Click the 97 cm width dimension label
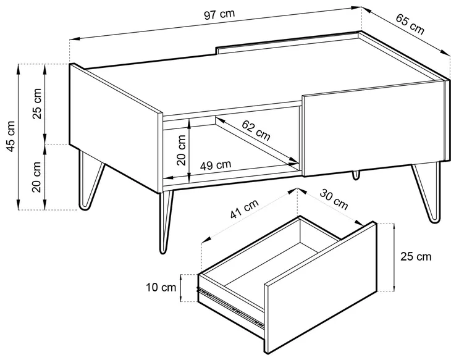(x=219, y=14)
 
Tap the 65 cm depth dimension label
(x=410, y=24)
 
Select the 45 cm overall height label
(x=11, y=136)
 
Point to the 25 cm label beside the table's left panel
(x=37, y=104)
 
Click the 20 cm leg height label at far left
(x=37, y=177)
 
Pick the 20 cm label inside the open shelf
(x=182, y=150)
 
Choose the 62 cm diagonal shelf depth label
(x=256, y=130)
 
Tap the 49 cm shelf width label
(x=216, y=165)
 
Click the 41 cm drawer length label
(x=244, y=209)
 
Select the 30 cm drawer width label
(x=334, y=199)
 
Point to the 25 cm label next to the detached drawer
(x=416, y=257)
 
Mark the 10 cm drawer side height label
(x=161, y=287)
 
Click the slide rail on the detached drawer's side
(x=230, y=306)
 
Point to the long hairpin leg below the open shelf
(x=166, y=222)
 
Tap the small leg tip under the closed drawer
(x=356, y=175)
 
